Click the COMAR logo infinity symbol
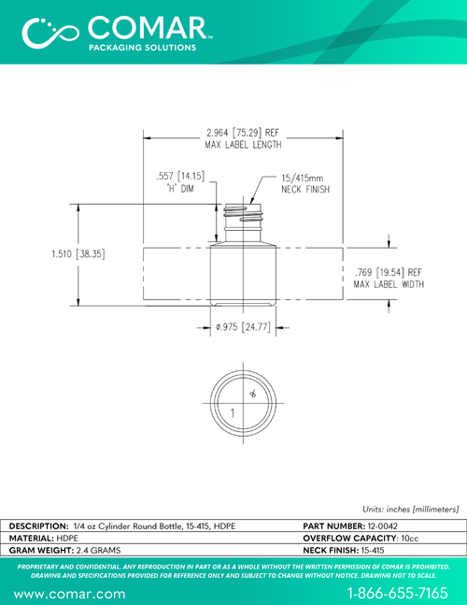pos(50,33)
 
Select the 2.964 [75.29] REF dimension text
pos(243,133)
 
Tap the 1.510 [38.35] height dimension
pos(78,254)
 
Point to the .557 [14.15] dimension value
pos(180,177)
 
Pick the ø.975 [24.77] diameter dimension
pos(243,327)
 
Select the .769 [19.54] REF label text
pos(389,272)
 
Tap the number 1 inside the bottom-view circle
pos(233,413)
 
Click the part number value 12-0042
pos(382,526)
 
